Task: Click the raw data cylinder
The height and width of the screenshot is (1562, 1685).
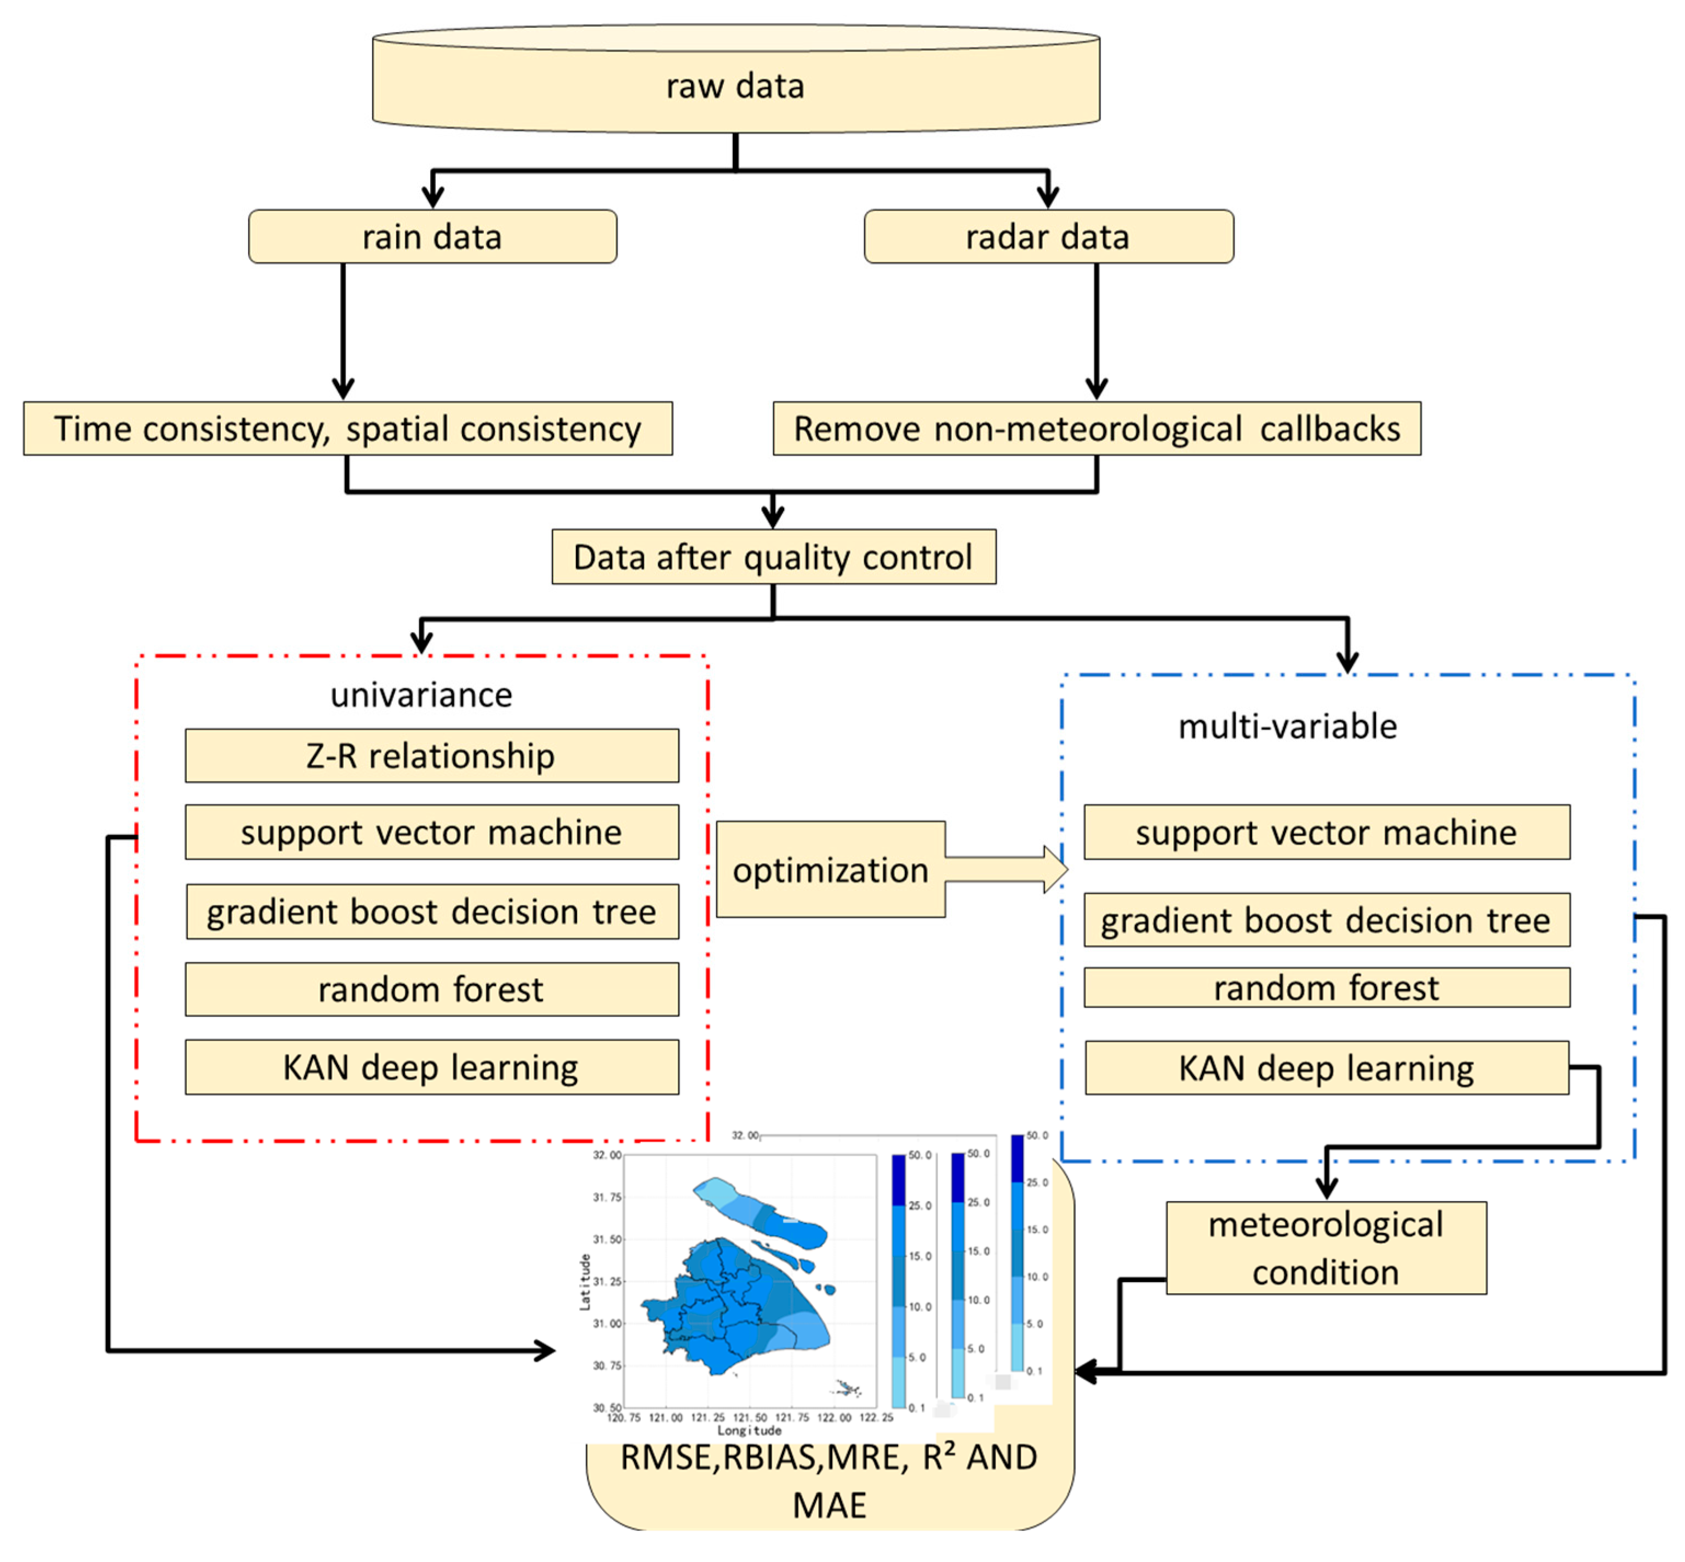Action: pos(735,84)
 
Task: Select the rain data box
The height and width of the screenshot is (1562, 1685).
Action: pos(432,237)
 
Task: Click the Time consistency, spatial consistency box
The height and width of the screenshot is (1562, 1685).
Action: pos(347,428)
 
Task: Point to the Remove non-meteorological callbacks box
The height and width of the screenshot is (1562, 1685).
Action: pos(1096,428)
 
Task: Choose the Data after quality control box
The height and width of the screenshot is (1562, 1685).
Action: pos(773,557)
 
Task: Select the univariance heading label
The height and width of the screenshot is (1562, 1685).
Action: pos(421,695)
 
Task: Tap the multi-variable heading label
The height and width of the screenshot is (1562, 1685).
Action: pos(1286,726)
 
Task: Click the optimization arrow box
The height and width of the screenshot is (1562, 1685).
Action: pos(830,869)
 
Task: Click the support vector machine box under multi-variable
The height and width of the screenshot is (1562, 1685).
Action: pos(1326,832)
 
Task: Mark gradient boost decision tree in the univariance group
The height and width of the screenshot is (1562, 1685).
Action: pos(431,911)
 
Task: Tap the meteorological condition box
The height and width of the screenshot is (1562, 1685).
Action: pos(1325,1248)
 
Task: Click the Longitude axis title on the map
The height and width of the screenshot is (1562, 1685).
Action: pos(749,1429)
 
